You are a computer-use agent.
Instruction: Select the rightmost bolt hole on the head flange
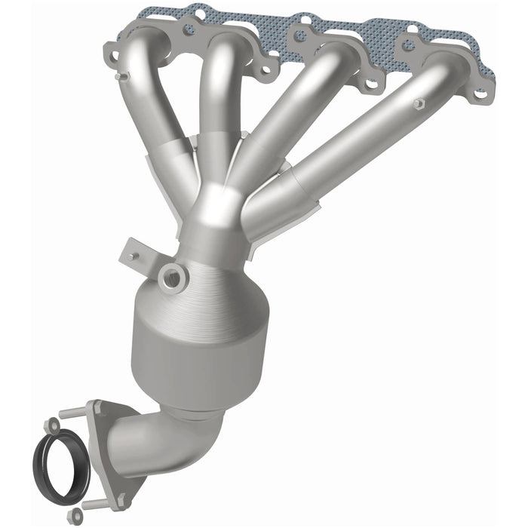tap(480, 95)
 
